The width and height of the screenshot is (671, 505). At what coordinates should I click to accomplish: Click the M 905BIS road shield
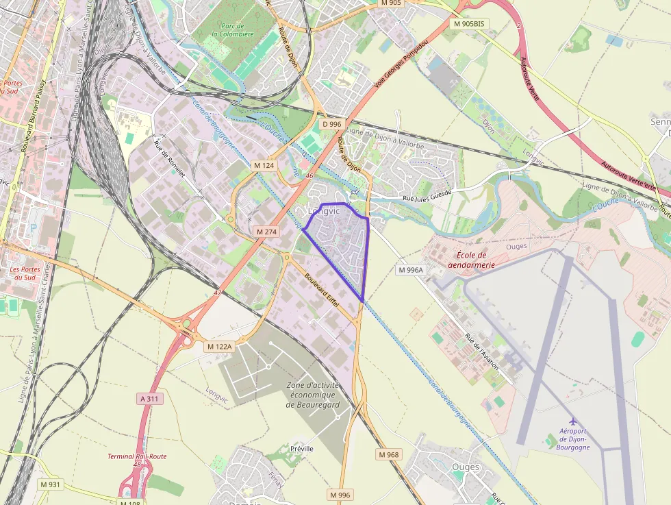click(x=469, y=23)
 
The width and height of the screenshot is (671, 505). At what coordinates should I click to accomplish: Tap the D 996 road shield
click(x=331, y=124)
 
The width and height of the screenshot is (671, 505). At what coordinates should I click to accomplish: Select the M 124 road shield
click(x=264, y=165)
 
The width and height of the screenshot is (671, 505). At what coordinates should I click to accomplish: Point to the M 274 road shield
click(x=266, y=232)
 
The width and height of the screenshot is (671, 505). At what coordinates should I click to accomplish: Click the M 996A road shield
click(x=412, y=270)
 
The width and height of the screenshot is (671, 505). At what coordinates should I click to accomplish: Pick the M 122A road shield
click(x=220, y=347)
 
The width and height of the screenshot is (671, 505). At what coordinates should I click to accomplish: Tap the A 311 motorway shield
click(x=150, y=398)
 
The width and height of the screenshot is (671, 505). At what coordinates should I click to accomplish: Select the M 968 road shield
click(x=388, y=454)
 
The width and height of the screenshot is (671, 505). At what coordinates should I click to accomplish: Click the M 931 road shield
click(x=50, y=484)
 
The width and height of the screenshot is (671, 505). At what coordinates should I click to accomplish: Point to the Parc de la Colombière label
click(x=232, y=29)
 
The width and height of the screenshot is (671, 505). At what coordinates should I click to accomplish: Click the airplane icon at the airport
click(x=573, y=421)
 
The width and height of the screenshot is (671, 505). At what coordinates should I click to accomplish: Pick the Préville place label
click(x=301, y=448)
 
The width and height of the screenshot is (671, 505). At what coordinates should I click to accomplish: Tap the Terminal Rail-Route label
click(x=137, y=456)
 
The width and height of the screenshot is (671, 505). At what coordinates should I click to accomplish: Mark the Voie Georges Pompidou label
click(x=401, y=62)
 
